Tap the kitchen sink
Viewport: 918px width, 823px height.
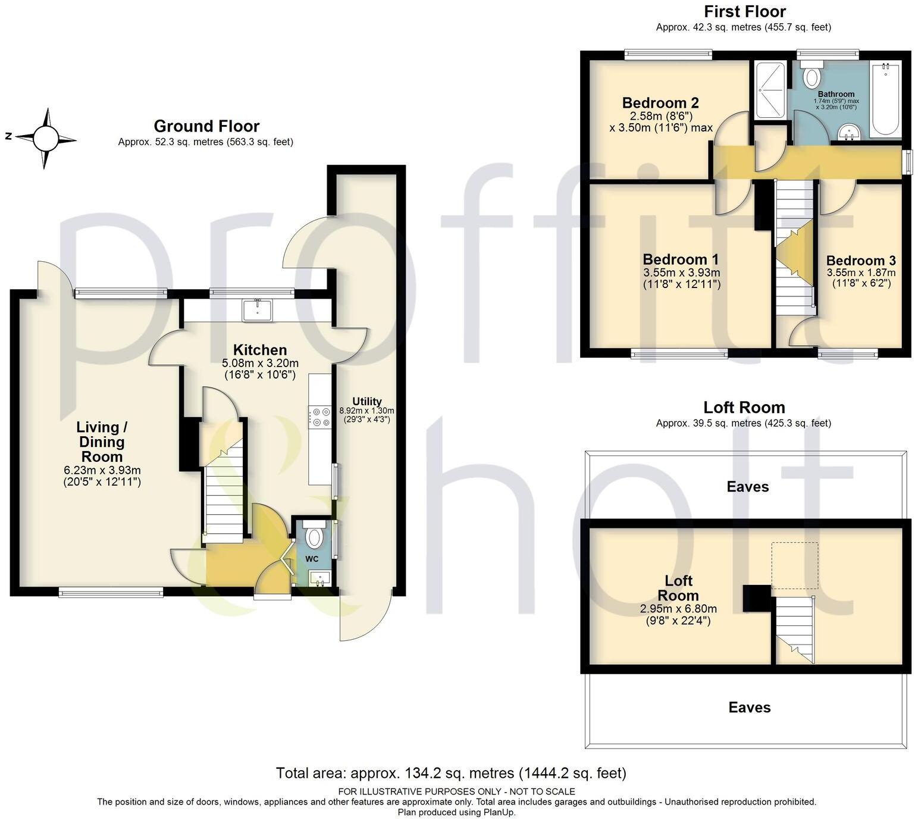[x=257, y=309]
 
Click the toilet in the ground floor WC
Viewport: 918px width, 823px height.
[x=313, y=537]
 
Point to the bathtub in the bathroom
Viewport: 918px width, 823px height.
[x=886, y=99]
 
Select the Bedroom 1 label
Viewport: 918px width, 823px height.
[x=681, y=259]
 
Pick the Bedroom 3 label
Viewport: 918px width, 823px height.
[x=860, y=261]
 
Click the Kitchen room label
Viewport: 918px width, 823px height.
[x=259, y=350]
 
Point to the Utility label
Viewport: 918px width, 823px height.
[x=366, y=401]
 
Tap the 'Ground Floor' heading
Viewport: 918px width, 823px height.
[x=206, y=126]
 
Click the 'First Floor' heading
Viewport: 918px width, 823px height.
[x=744, y=11]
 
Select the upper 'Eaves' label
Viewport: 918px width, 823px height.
[x=747, y=487]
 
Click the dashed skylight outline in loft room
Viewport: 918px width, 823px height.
[x=794, y=565]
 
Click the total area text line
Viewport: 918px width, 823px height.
[x=451, y=773]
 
